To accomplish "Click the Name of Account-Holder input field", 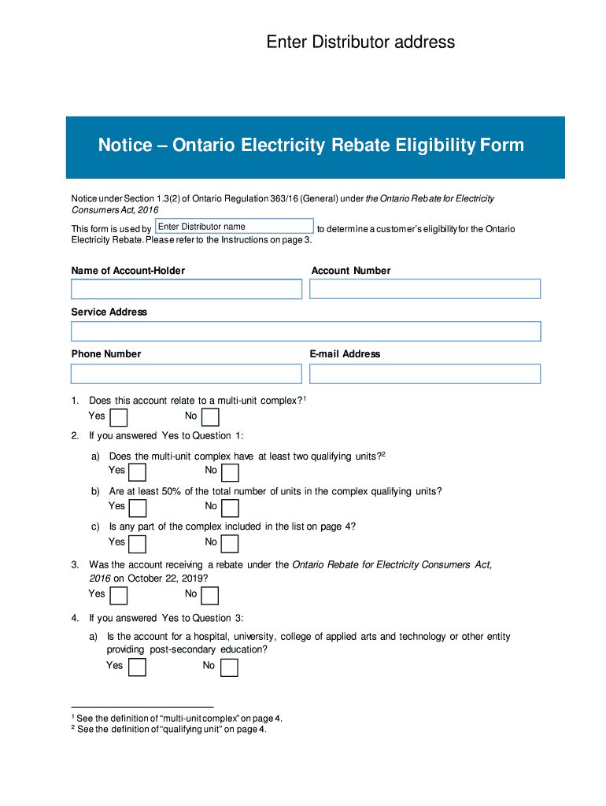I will click(x=187, y=289).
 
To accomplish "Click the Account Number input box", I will click(x=425, y=289).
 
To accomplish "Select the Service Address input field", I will click(x=305, y=331).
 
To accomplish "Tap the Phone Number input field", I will click(x=187, y=373).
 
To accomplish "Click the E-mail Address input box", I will click(x=425, y=373).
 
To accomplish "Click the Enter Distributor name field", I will click(x=235, y=227).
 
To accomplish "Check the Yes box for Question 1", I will click(x=119, y=416).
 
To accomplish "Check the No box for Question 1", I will click(x=210, y=416).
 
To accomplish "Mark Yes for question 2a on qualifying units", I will click(x=138, y=471).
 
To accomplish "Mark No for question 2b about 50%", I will click(x=230, y=508).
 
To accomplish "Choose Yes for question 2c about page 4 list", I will click(x=138, y=543).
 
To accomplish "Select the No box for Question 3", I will click(x=210, y=595).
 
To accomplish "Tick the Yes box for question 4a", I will click(x=138, y=667).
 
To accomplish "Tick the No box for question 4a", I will click(x=229, y=667).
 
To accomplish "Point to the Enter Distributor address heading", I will click(x=360, y=42).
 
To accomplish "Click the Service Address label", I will click(x=109, y=312).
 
